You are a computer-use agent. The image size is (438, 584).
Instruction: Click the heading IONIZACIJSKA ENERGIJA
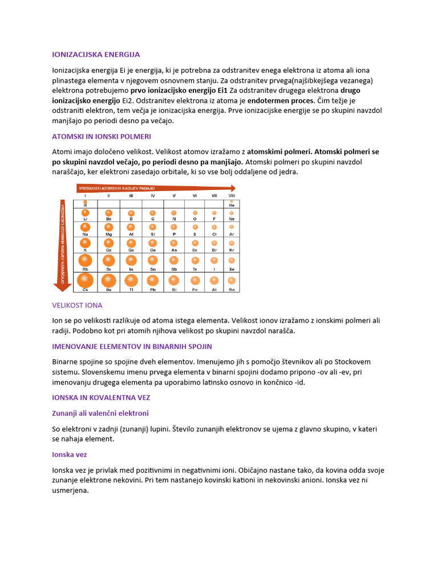(x=96, y=55)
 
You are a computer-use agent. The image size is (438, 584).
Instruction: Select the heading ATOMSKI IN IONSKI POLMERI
(x=101, y=137)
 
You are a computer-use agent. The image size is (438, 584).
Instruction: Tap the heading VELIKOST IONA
(x=77, y=305)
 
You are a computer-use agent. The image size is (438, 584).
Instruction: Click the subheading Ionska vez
(x=69, y=455)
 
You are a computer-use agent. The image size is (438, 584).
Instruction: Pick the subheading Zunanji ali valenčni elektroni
(x=100, y=413)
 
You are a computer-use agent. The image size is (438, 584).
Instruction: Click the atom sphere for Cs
(x=85, y=280)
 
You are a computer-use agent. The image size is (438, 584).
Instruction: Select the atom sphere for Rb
(x=85, y=261)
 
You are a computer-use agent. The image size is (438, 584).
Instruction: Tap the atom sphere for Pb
(x=152, y=280)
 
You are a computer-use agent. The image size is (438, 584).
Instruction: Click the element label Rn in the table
(x=232, y=290)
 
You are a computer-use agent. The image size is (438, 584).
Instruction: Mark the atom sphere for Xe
(x=232, y=261)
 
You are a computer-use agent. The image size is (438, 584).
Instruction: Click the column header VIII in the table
(x=232, y=196)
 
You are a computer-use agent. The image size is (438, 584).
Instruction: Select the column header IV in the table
(x=153, y=196)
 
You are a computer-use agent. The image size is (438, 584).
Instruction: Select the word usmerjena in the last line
(x=70, y=490)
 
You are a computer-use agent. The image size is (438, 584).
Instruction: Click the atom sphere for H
(x=85, y=201)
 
